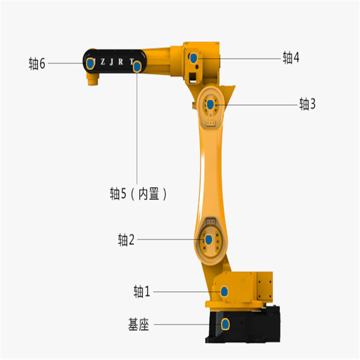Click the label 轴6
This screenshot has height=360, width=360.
pos(37,63)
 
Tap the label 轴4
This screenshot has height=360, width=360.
pos(291,58)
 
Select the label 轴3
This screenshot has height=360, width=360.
pos(307,104)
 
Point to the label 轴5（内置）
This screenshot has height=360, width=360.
pos(138,194)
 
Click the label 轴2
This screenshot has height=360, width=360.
pos(126,240)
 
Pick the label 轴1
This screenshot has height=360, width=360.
pos(142,291)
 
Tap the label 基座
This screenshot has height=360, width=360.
pos(138,324)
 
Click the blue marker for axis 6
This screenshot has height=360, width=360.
pos(90,63)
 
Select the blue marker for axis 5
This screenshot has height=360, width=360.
pos(137,67)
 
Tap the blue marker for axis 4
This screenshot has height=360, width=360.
pos(194,58)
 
